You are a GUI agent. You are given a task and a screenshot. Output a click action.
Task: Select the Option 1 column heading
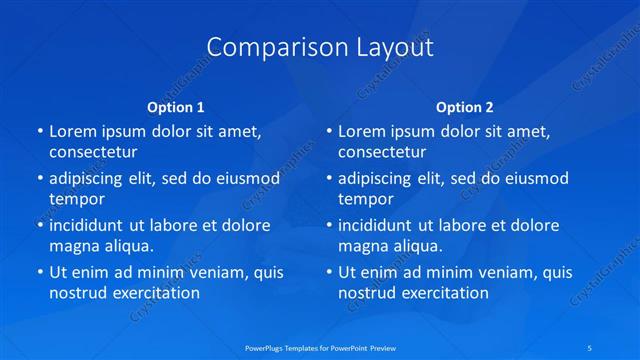click(x=176, y=107)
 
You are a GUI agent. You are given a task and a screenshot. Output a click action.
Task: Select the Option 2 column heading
click(x=465, y=107)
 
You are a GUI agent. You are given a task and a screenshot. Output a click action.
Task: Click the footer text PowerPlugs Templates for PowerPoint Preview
click(x=319, y=347)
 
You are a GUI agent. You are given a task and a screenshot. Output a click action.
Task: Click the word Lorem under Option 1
click(x=72, y=131)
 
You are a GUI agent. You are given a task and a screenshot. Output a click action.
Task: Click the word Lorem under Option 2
click(x=361, y=131)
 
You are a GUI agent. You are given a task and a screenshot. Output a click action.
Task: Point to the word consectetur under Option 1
click(x=93, y=152)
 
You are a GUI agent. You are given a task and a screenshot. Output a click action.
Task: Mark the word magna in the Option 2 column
click(x=362, y=246)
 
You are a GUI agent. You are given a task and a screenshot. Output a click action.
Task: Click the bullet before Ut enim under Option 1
click(x=39, y=272)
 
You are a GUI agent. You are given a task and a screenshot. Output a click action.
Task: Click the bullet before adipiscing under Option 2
click(x=328, y=179)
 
